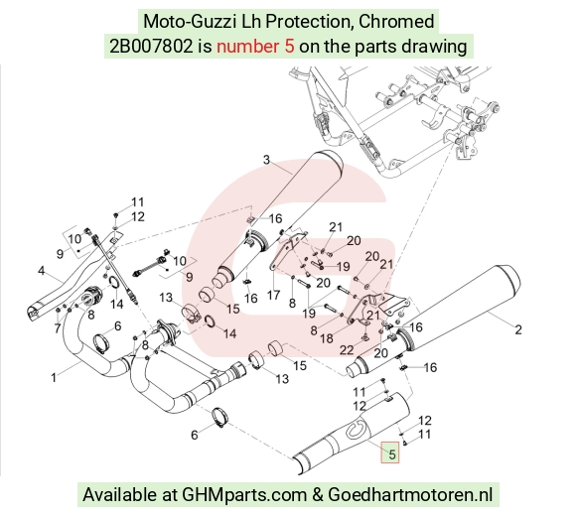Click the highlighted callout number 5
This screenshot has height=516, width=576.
pos(391,454)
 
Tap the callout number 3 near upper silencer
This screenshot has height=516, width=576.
pos(266,160)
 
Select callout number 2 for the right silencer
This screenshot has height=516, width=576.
pos(518,329)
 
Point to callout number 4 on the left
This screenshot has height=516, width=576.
pos(41,271)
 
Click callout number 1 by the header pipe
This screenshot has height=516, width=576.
pos(54,377)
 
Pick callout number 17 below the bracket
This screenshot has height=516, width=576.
pos(274,295)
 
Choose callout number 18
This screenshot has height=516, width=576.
pos(327,338)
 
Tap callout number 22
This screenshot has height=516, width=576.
pos(347,350)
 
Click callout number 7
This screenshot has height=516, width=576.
pos(58,328)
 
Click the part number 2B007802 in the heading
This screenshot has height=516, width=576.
pos(151,47)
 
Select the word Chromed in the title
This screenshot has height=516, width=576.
pos(396,21)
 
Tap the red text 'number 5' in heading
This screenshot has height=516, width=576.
pos(255,47)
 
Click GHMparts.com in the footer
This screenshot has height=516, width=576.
pos(244,495)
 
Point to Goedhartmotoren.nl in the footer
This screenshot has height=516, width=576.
pos(410,494)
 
